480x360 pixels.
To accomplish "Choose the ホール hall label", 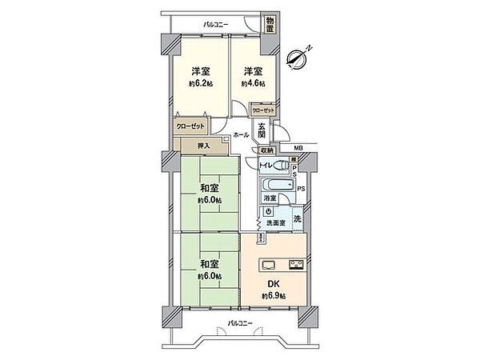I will (x=241, y=135).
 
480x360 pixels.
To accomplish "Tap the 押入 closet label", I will (x=203, y=146).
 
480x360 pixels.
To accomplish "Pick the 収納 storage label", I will (x=266, y=150).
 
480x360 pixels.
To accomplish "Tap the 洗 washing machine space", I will (x=297, y=218).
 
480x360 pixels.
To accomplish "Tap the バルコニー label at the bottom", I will (x=239, y=323).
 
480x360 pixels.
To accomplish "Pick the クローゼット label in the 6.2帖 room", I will (x=190, y=126).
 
